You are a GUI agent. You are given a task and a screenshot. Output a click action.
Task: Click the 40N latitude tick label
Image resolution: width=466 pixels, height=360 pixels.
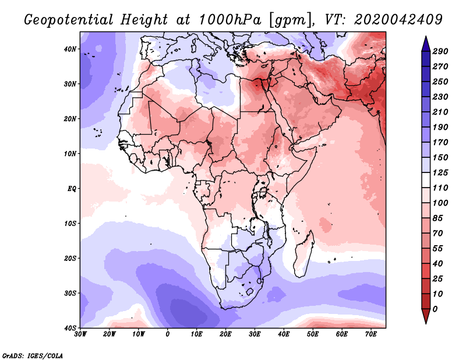70,49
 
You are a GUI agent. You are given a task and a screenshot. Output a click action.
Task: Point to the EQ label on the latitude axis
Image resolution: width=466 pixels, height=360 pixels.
71,189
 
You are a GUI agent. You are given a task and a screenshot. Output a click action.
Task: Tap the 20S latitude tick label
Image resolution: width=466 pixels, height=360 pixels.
70,258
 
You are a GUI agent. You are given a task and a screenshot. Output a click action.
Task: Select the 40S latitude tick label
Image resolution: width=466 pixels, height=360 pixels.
70,328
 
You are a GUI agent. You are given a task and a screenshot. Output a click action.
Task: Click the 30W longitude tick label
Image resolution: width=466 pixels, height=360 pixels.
80,334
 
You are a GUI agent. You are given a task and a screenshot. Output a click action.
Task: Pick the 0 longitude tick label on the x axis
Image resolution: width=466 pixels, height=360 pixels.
168,334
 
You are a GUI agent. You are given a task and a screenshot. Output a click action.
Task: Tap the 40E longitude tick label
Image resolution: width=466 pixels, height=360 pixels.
284,334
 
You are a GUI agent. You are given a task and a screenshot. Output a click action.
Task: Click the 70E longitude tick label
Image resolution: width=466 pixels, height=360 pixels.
371,334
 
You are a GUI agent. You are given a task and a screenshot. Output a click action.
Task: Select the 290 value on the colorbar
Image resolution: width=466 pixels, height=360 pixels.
440,51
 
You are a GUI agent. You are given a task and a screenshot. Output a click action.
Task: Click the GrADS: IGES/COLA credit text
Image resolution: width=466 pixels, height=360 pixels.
33,355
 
